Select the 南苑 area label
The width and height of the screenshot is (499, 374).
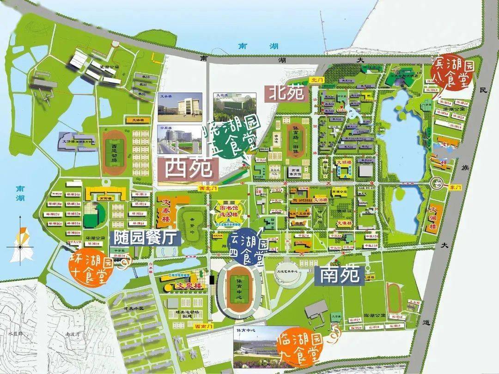coord(338,276)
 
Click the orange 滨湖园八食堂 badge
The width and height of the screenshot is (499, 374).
coord(450,73)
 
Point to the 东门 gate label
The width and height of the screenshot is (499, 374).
coord(455,187)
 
